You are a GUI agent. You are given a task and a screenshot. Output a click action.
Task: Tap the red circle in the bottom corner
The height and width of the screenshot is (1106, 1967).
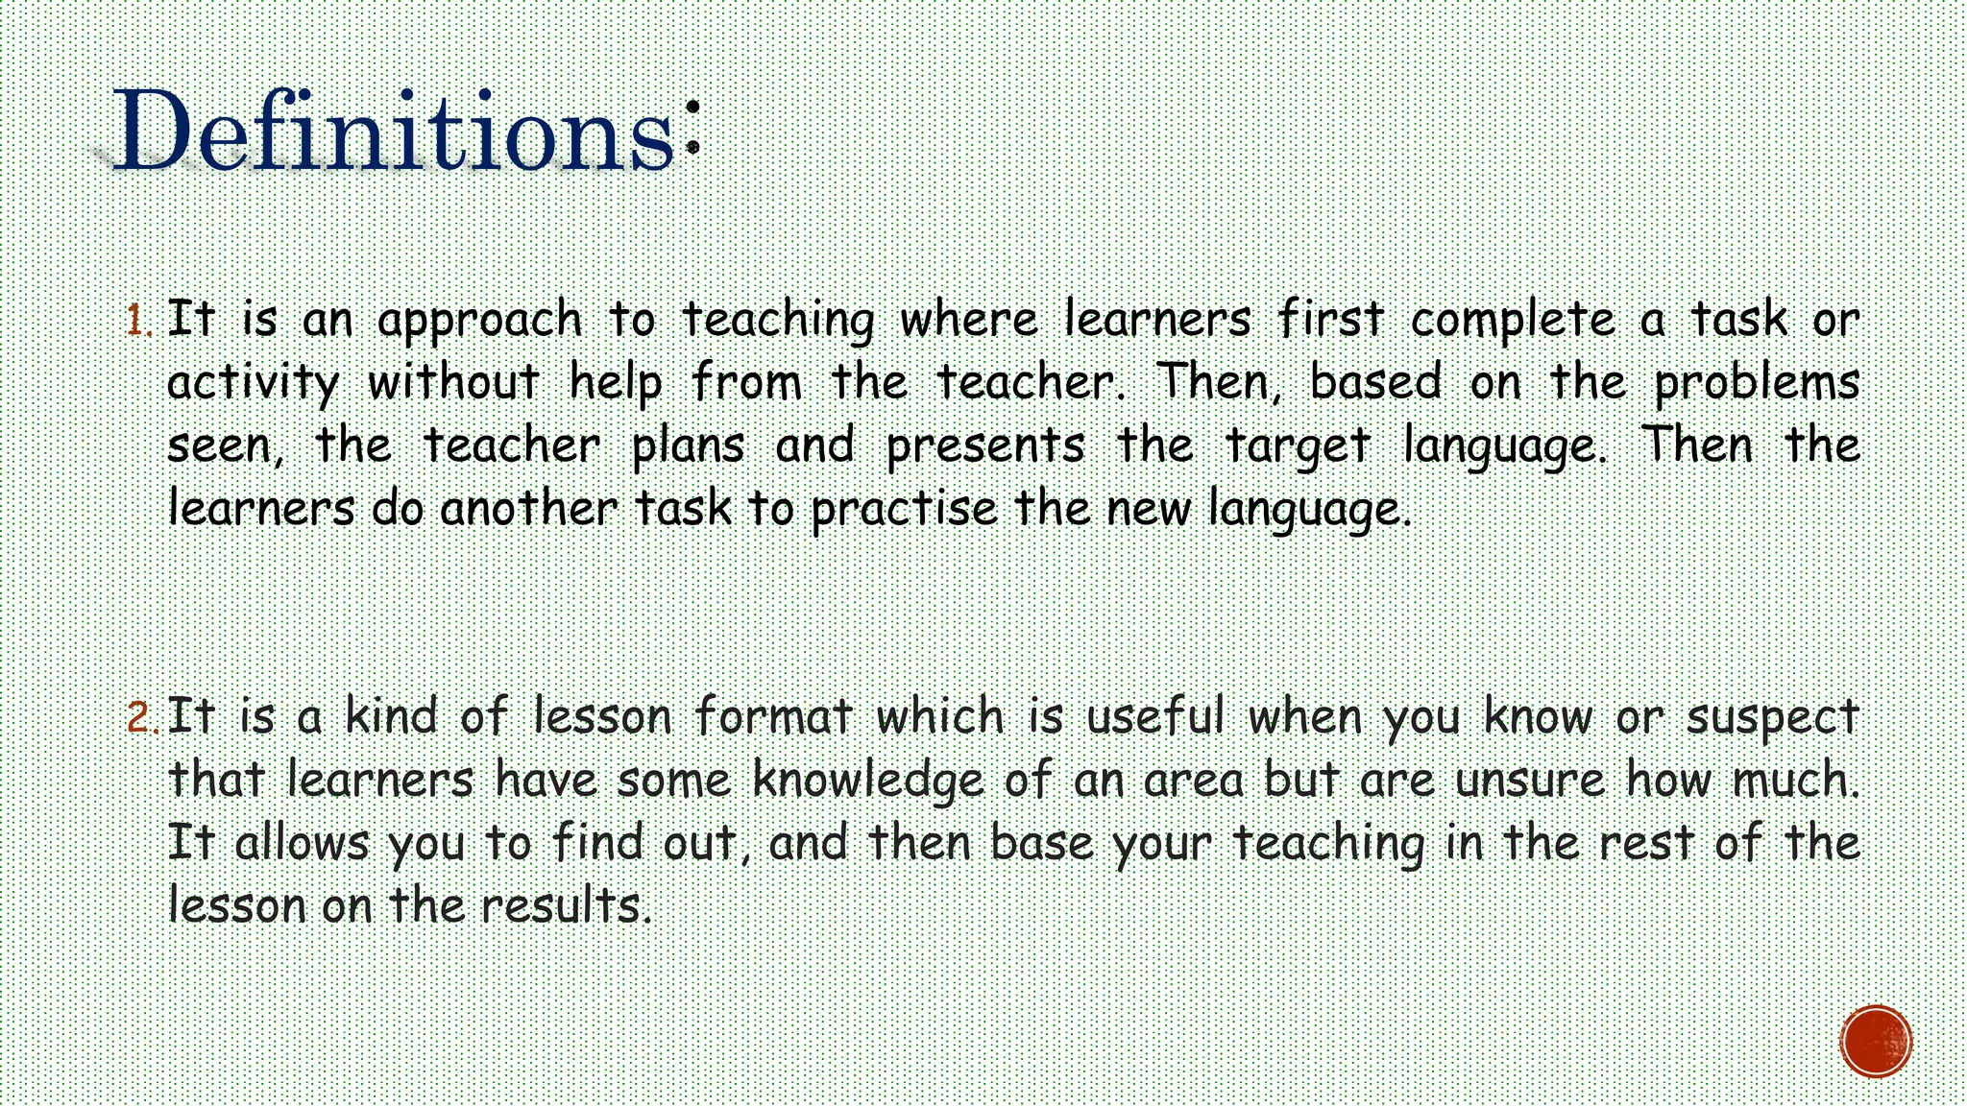point(1876,1042)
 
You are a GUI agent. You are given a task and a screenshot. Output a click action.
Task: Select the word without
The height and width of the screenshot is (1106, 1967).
point(452,383)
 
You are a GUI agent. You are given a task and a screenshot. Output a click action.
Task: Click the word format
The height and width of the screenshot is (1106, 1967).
point(774,716)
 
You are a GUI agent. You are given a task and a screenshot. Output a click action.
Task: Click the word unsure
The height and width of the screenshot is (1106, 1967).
point(1529,780)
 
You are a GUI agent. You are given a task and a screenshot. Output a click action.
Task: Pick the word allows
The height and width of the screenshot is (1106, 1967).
point(302,843)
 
